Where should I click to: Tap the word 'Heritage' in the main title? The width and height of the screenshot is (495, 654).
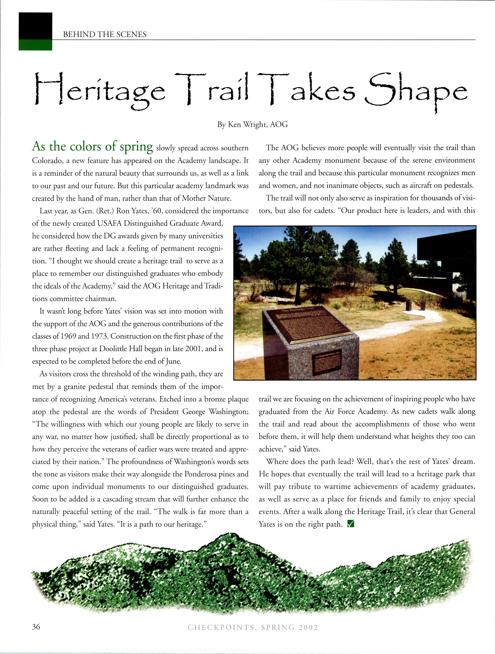click(100, 91)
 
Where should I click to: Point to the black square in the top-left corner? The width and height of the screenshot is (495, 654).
click(35, 26)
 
